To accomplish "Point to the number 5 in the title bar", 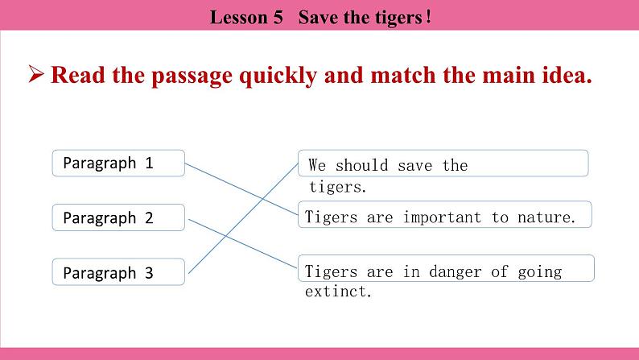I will (x=278, y=18).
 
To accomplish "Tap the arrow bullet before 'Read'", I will (x=35, y=76).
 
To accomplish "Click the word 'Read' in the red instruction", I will (x=75, y=76).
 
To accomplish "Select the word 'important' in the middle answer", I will (x=442, y=217).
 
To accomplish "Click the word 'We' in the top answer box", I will (x=317, y=166).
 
